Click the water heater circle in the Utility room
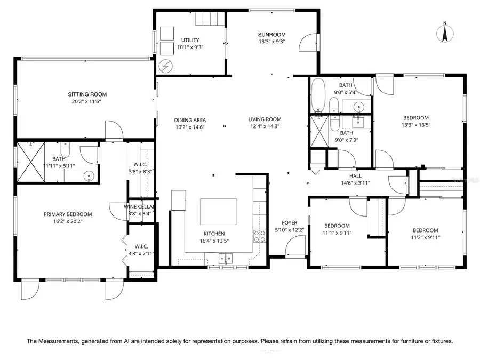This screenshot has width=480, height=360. (x=166, y=67)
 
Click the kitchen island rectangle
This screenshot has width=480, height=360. (x=218, y=212)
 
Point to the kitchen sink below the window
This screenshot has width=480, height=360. (x=225, y=259)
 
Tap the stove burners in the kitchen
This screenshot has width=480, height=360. (x=260, y=236)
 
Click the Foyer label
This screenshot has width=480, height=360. (x=290, y=223)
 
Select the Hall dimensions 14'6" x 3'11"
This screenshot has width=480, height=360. (x=355, y=183)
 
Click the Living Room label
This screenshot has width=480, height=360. (x=265, y=119)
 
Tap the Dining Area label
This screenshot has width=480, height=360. (x=190, y=120)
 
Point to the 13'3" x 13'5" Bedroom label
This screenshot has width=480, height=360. (x=415, y=118)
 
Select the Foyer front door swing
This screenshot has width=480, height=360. (x=293, y=247)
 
